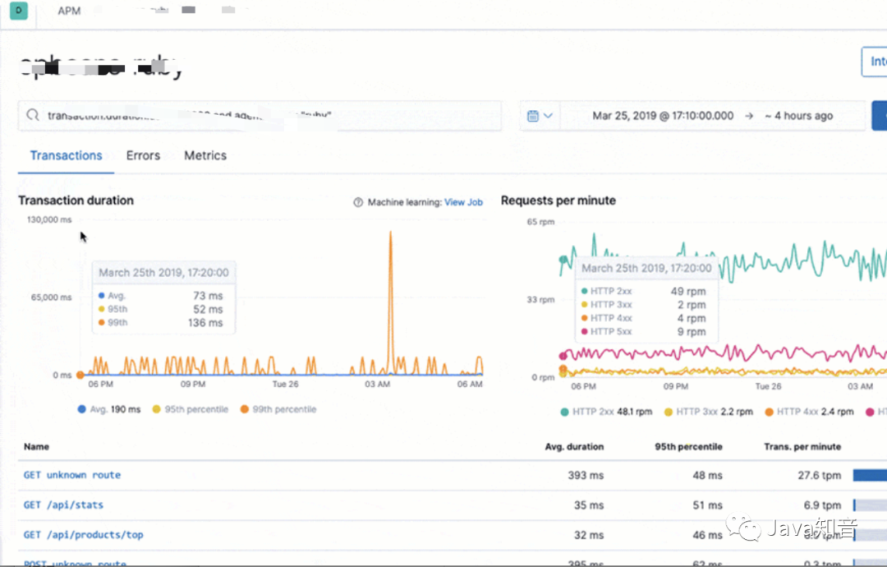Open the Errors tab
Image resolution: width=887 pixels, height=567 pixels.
[143, 155]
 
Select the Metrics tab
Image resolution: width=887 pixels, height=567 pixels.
[205, 155]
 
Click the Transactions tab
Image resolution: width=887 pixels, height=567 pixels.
[66, 155]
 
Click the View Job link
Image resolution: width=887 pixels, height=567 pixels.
[463, 202]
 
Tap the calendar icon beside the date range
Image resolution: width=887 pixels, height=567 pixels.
[533, 116]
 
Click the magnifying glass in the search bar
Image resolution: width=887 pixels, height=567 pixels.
[33, 116]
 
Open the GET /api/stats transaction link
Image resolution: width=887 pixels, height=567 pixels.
[63, 505]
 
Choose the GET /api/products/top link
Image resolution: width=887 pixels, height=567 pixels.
[83, 535]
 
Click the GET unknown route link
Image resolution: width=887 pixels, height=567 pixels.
[71, 475]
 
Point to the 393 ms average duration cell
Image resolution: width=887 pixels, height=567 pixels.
[586, 475]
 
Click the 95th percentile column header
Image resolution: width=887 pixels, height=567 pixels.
[688, 446]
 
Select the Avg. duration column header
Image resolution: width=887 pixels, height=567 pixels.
[574, 446]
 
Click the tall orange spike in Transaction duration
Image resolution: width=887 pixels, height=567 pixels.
[390, 247]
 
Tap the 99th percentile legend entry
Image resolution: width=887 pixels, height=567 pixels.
[278, 409]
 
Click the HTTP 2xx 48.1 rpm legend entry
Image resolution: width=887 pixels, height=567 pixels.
[607, 412]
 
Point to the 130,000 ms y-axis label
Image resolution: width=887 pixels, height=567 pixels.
[49, 219]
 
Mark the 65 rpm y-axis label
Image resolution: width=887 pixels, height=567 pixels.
[541, 222]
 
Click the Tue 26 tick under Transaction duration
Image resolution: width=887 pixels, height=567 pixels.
[285, 385]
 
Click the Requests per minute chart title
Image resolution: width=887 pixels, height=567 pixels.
[558, 201]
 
